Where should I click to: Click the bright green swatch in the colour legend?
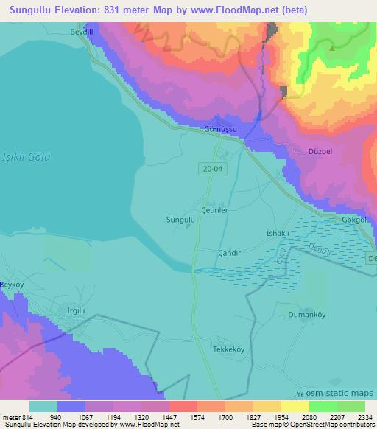[322, 405]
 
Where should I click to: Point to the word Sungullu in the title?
[27, 10]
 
